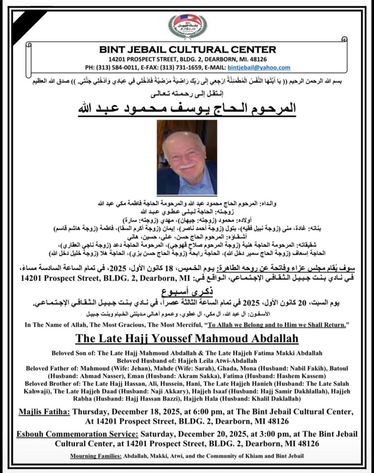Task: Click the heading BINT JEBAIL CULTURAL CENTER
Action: [187, 50]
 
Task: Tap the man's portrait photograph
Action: [187, 157]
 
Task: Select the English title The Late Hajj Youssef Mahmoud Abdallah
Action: [187, 338]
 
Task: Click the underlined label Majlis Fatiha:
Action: [44, 412]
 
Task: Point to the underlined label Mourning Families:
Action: [96, 456]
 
